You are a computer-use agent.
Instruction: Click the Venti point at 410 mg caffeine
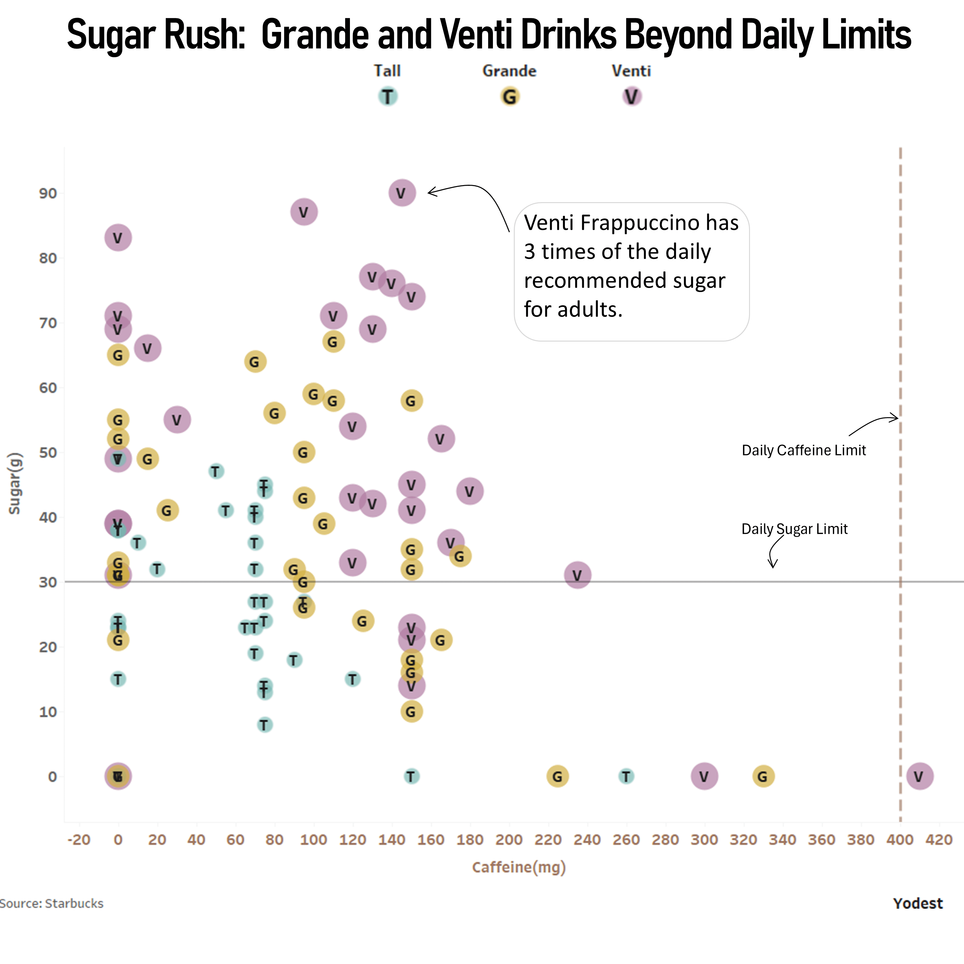point(919,776)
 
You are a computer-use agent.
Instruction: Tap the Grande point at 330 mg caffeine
point(763,776)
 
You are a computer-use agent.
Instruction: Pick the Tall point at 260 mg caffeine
point(626,776)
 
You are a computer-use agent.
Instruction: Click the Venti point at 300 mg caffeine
point(704,776)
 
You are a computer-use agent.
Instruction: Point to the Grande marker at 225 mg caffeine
point(557,776)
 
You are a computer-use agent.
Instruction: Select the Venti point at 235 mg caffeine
point(577,575)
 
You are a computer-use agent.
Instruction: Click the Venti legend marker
point(632,96)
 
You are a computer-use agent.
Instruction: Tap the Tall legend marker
point(388,96)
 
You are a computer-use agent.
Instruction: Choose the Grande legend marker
point(509,96)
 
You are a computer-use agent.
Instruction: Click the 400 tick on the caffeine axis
point(900,840)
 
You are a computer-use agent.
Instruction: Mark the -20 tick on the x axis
point(79,840)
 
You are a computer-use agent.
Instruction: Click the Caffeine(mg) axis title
point(519,867)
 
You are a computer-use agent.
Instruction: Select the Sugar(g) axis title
point(14,483)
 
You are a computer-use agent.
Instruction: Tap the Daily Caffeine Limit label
point(803,450)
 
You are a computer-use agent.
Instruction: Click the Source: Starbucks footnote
point(51,904)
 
